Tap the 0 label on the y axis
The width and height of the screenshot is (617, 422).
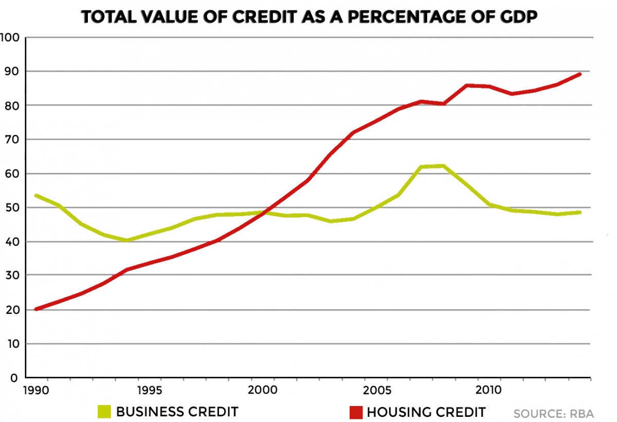(14, 378)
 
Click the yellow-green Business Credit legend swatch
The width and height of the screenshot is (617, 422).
(104, 412)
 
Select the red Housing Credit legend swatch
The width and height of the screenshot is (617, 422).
(355, 412)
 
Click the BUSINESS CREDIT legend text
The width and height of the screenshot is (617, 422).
(177, 412)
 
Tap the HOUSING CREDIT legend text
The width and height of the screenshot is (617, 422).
(426, 412)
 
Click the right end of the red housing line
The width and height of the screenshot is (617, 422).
(579, 74)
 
